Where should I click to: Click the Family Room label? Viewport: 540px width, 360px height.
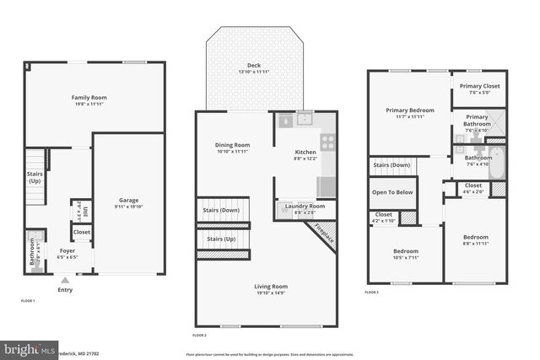click(88, 98)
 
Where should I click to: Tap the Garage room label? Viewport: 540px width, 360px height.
click(128, 200)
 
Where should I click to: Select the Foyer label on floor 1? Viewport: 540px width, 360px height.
click(67, 250)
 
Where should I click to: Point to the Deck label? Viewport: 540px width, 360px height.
click(254, 65)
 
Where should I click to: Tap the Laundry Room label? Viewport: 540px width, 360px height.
click(305, 207)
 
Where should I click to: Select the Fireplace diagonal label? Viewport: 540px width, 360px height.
click(325, 234)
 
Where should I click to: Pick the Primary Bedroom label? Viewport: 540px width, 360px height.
click(408, 110)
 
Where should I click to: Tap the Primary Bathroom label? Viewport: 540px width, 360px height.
click(477, 117)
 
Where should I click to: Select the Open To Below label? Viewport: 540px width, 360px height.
click(392, 192)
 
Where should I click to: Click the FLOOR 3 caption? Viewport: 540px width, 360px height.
click(371, 292)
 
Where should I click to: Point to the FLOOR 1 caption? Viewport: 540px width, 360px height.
click(28, 300)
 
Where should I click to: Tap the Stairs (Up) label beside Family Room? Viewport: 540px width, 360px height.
click(35, 177)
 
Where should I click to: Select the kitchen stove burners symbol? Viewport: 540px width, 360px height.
click(327, 142)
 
